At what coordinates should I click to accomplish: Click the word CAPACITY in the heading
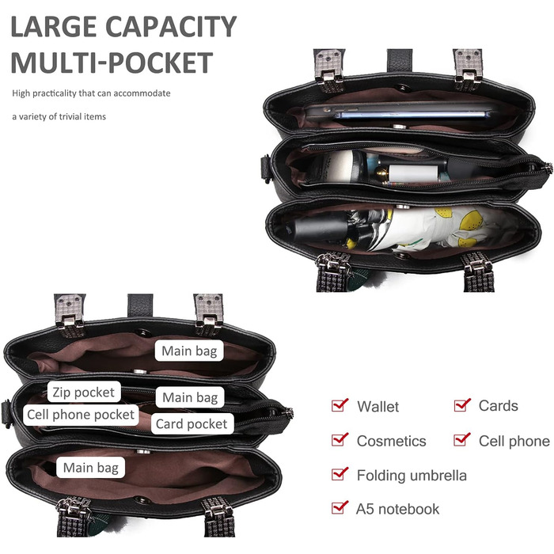pyautogui.click(x=171, y=26)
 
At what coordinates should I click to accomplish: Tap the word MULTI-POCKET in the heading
pyautogui.click(x=112, y=63)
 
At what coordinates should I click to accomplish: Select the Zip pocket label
pyautogui.click(x=84, y=392)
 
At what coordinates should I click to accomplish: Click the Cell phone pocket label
pyautogui.click(x=81, y=415)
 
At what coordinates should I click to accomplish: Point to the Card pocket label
pyautogui.click(x=192, y=423)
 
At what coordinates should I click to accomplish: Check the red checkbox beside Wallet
pyautogui.click(x=340, y=405)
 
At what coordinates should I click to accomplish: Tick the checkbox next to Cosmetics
pyautogui.click(x=340, y=439)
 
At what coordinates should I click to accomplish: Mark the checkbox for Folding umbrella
pyautogui.click(x=340, y=473)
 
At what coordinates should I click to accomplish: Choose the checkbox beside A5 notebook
pyautogui.click(x=340, y=507)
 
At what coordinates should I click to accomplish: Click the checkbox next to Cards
pyautogui.click(x=462, y=405)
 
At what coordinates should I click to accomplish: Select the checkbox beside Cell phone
pyautogui.click(x=462, y=439)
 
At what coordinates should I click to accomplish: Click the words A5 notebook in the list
pyautogui.click(x=398, y=509)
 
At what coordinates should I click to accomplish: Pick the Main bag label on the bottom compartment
pyautogui.click(x=91, y=468)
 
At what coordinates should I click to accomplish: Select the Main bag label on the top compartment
pyautogui.click(x=189, y=351)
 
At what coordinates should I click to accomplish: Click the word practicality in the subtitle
pyautogui.click(x=55, y=93)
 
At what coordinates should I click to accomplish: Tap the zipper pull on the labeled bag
pyautogui.click(x=289, y=412)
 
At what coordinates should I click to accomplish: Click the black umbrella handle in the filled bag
pyautogui.click(x=318, y=227)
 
